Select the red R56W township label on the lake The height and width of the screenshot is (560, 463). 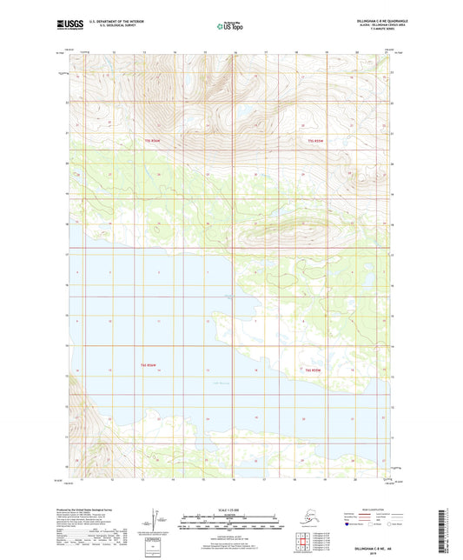pyautogui.click(x=149, y=370)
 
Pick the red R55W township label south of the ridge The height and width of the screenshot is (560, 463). pyautogui.click(x=314, y=370)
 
